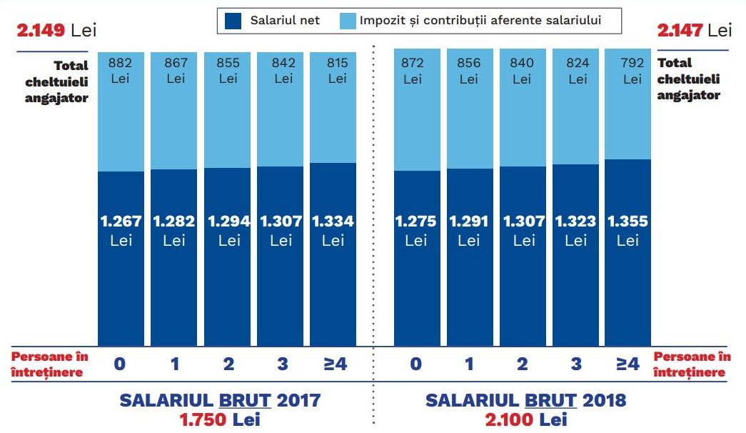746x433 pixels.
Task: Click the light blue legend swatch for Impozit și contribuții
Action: pyautogui.click(x=346, y=21)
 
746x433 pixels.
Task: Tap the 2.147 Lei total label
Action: pyautogui.click(x=695, y=30)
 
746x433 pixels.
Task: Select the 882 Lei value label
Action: pyautogui.click(x=121, y=70)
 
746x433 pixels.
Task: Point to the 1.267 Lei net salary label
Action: pyautogui.click(x=121, y=230)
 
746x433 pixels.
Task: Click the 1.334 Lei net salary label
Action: pyautogui.click(x=333, y=230)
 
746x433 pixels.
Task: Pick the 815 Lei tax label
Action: pyautogui.click(x=338, y=70)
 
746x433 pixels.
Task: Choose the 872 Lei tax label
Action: pyautogui.click(x=413, y=70)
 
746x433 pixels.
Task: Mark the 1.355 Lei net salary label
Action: pyautogui.click(x=627, y=230)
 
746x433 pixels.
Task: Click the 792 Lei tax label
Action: pyautogui.click(x=632, y=70)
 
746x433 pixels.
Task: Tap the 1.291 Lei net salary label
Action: pyautogui.click(x=469, y=230)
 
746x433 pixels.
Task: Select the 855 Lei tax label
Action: pyautogui.click(x=228, y=70)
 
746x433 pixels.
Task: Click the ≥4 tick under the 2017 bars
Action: pyautogui.click(x=335, y=364)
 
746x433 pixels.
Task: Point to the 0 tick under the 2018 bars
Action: pyautogui.click(x=416, y=364)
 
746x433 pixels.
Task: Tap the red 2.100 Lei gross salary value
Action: pyautogui.click(x=525, y=419)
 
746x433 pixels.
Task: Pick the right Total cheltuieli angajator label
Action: pyautogui.click(x=689, y=79)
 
